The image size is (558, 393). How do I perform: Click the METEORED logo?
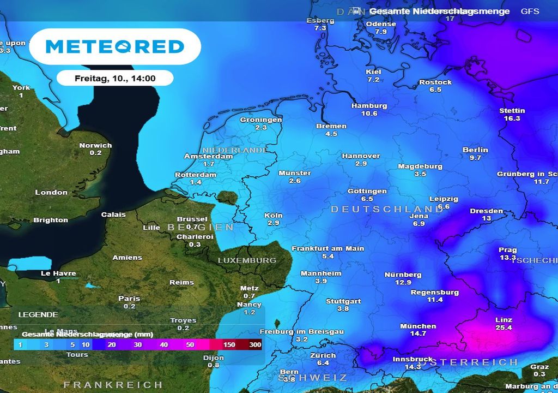115,46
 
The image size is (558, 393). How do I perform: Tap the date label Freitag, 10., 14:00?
115,79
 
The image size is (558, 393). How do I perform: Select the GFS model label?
529,11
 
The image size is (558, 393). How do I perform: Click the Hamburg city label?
369,106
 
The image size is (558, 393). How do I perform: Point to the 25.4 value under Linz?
504,327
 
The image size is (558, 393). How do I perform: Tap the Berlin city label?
475,150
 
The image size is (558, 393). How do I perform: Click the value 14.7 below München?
418,333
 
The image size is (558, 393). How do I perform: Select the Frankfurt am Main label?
327,248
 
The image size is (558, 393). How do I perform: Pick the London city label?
51,192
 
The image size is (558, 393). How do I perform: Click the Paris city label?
129,299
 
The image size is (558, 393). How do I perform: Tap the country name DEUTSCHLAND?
387,209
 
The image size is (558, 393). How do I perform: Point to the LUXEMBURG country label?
247,260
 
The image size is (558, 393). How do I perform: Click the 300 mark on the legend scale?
255,345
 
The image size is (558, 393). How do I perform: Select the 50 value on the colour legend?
190,345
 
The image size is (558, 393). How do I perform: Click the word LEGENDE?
38,315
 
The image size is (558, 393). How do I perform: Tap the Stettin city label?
512,111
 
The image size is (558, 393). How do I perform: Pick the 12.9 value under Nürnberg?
403,282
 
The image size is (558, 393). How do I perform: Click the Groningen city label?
261,120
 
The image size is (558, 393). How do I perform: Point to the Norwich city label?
95,146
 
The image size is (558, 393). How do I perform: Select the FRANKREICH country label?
113,385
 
